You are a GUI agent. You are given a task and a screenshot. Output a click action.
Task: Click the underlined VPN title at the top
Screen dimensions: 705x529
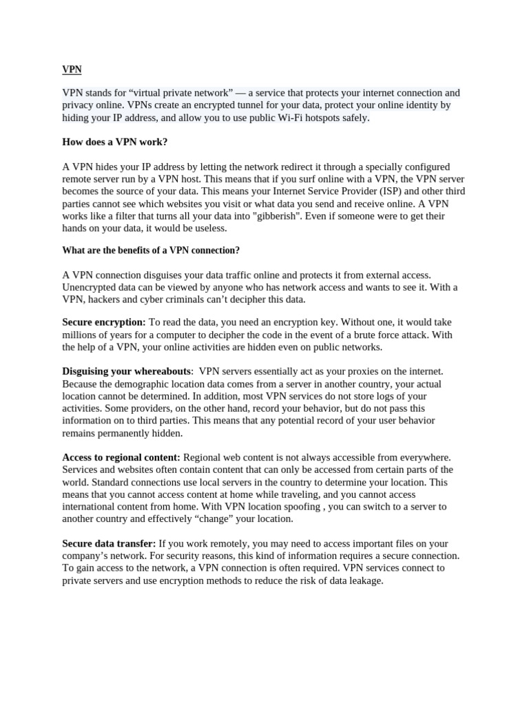point(72,70)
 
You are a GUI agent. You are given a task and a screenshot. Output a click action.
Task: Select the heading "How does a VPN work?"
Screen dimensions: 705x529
point(115,142)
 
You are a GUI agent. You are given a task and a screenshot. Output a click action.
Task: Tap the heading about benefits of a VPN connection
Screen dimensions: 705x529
point(151,250)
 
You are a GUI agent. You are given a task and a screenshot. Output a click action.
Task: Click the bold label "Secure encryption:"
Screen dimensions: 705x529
point(104,322)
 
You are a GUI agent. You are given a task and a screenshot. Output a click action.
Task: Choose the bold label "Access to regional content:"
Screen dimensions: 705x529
point(121,457)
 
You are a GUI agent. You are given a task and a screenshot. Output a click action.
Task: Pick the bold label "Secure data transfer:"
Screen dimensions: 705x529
point(109,544)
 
